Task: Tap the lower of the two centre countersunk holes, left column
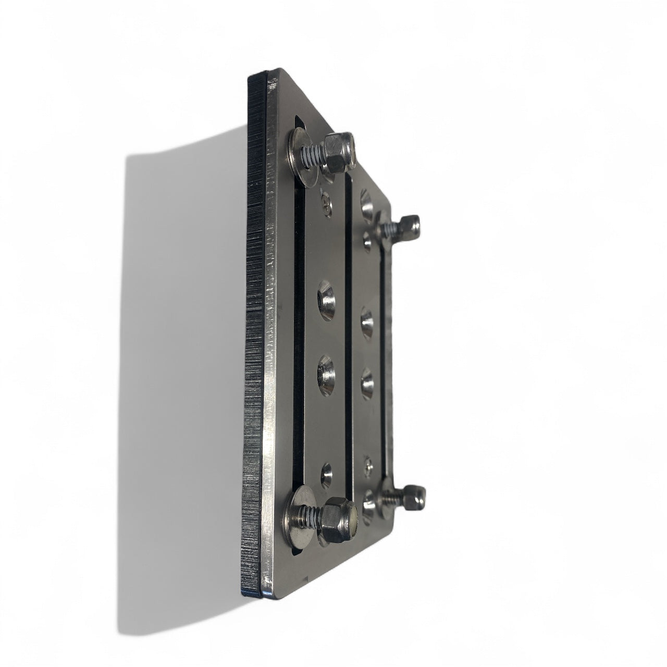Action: pyautogui.click(x=327, y=371)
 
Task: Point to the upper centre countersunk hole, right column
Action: pyautogui.click(x=367, y=318)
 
